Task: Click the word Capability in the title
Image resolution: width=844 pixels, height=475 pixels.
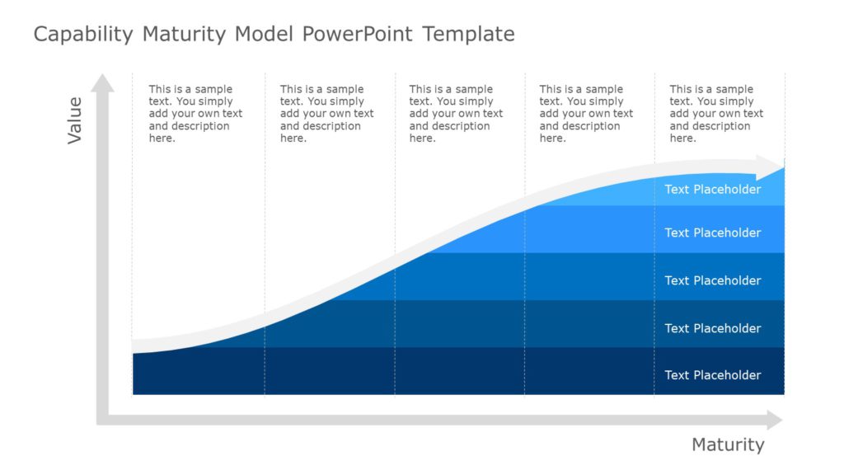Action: click(x=83, y=35)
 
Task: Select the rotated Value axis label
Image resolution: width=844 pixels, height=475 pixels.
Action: click(x=75, y=120)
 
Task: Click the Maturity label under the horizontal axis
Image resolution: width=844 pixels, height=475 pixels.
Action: click(x=728, y=445)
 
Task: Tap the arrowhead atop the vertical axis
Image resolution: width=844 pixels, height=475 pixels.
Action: click(x=102, y=82)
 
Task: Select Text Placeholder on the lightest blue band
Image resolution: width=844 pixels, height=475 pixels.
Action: click(x=713, y=190)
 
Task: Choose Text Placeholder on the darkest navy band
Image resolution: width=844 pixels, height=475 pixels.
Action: click(x=713, y=375)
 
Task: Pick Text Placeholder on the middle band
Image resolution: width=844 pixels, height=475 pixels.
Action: click(x=713, y=280)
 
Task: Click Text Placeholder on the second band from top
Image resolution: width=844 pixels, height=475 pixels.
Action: click(x=713, y=233)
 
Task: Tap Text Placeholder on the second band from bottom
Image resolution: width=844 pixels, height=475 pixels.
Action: click(x=713, y=328)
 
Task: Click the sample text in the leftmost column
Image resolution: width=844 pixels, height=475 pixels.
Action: click(x=195, y=114)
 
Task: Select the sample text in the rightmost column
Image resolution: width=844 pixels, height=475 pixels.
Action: click(x=716, y=114)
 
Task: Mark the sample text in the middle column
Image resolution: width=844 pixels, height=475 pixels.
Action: click(x=456, y=114)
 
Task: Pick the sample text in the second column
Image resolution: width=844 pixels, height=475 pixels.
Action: click(x=326, y=114)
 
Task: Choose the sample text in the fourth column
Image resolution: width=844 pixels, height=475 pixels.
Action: click(x=586, y=114)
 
